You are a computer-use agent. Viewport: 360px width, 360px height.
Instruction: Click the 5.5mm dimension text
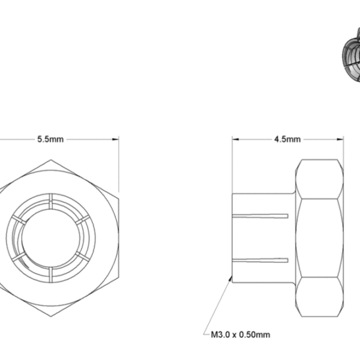(x=50, y=139)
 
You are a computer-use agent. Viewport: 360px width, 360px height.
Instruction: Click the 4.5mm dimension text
(x=287, y=139)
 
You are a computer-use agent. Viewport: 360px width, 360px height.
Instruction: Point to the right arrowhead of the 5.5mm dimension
(x=116, y=139)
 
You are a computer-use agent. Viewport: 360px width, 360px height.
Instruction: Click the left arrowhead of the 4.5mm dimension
(x=235, y=139)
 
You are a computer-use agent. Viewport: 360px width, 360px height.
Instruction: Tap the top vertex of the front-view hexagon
(x=50, y=160)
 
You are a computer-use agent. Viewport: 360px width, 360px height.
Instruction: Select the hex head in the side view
(x=319, y=237)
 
